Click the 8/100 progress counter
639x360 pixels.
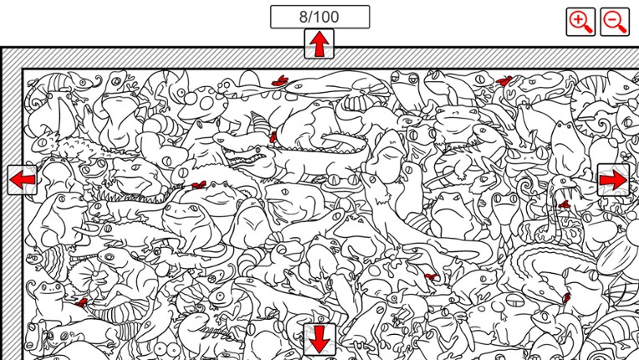[319, 17]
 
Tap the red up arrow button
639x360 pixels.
[319, 44]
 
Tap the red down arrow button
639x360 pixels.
[319, 339]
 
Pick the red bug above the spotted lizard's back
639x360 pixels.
[279, 81]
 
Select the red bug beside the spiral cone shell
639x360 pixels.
[273, 136]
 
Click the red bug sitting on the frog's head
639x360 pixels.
[199, 184]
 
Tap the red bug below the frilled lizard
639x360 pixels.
[82, 301]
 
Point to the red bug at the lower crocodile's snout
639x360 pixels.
[567, 296]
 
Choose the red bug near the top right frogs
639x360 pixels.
[504, 81]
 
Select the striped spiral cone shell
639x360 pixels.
[262, 123]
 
